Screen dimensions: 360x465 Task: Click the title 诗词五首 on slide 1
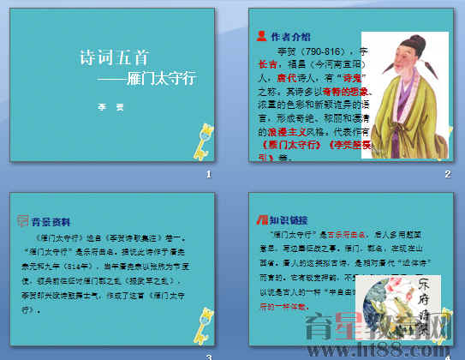pyautogui.click(x=113, y=58)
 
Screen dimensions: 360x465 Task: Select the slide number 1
pyautogui.click(x=208, y=175)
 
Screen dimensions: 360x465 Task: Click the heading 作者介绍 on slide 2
pyautogui.click(x=291, y=37)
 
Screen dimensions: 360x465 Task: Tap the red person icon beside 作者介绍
pyautogui.click(x=261, y=36)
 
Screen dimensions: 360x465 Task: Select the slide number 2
pyautogui.click(x=447, y=175)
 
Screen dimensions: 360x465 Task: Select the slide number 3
pyautogui.click(x=208, y=355)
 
